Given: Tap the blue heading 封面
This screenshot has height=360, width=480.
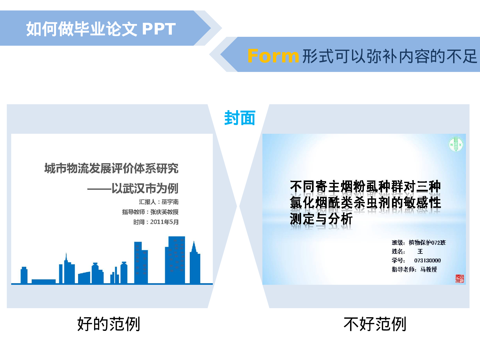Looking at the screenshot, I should click(240, 118).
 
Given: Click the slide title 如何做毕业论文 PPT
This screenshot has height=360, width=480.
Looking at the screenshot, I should click(101, 29).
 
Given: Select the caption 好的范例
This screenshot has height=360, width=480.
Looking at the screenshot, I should click(109, 324).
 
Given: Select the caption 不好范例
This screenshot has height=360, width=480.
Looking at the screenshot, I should click(375, 324).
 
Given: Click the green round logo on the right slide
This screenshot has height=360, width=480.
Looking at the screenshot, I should click(456, 144).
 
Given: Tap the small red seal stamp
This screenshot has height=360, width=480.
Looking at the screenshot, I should click(460, 279).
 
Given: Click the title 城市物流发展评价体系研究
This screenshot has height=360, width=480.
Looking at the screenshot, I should click(111, 168).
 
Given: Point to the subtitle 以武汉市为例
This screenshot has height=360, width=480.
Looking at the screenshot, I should click(145, 188).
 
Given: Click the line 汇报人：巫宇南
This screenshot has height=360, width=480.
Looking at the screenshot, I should click(159, 202).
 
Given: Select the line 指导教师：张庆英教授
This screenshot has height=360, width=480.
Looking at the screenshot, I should click(150, 212).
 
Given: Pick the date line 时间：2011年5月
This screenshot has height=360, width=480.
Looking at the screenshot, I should click(156, 222).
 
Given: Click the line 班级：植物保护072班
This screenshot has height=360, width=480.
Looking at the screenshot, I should click(419, 243).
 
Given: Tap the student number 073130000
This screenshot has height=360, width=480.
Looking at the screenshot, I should click(427, 260).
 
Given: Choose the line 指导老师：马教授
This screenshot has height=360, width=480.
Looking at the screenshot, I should click(414, 269).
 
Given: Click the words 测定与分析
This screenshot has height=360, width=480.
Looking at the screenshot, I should click(321, 219).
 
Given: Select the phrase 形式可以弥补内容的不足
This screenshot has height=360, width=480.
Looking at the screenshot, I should click(389, 57).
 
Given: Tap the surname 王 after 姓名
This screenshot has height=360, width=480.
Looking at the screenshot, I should click(420, 252).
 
